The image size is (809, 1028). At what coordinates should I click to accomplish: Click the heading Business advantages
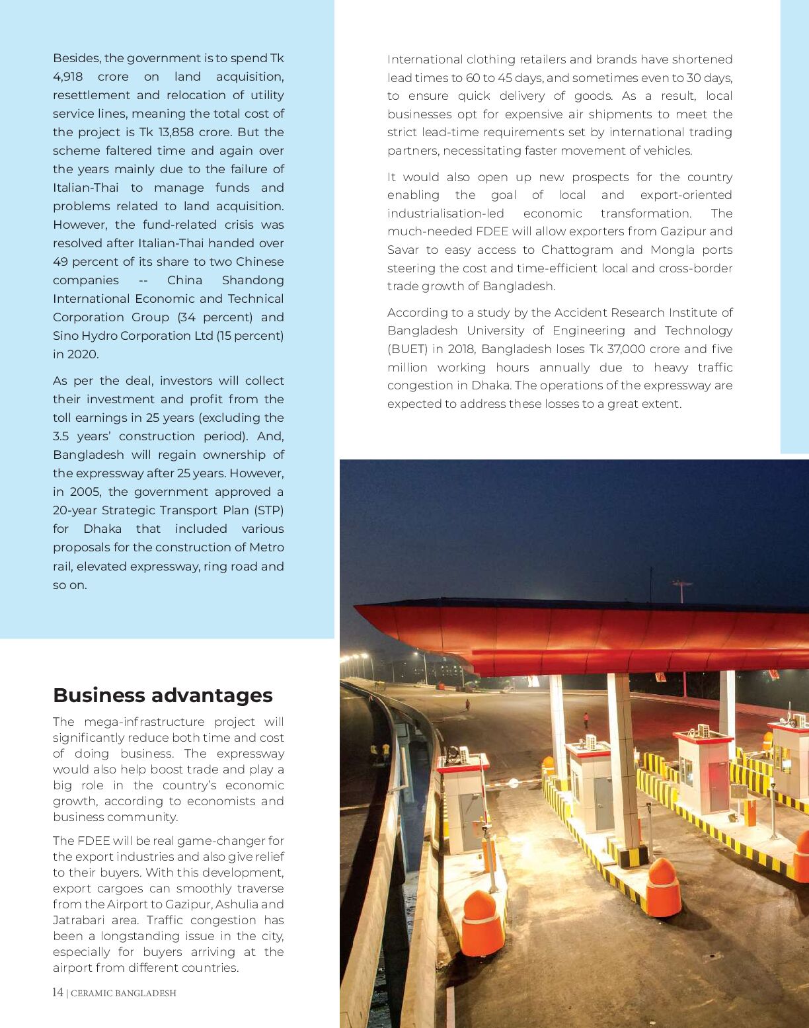coord(163,695)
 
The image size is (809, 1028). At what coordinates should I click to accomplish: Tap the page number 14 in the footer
coord(58,992)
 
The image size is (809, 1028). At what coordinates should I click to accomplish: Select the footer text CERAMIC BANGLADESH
coord(124,993)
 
